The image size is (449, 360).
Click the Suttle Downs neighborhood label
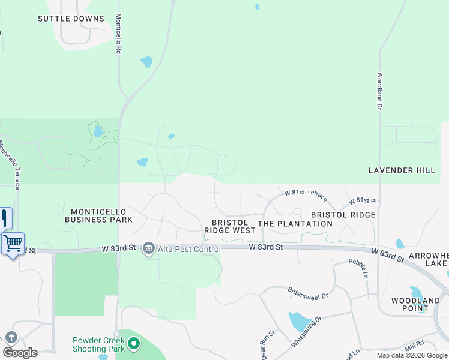[x=71, y=19]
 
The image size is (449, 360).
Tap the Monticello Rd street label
[x=119, y=34]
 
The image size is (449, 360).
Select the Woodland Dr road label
[x=379, y=91]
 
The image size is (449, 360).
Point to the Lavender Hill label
[x=402, y=170]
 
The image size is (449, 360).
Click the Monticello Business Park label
[x=101, y=215]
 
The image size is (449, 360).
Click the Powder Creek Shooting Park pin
[x=134, y=344]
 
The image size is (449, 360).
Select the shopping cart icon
[x=12, y=244]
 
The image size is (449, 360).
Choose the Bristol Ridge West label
[x=230, y=226]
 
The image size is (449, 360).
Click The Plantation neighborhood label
[x=295, y=224]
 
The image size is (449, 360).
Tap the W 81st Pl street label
[x=366, y=200]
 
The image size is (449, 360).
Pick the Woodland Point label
[x=415, y=304]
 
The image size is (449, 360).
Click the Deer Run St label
[x=265, y=345]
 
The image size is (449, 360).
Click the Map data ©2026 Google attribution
[x=412, y=355]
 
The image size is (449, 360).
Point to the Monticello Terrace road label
[x=10, y=165]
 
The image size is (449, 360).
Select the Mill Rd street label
[x=415, y=345]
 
